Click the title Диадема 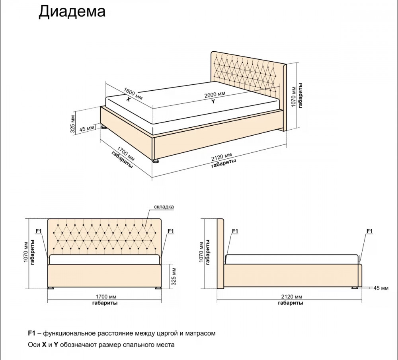coord(72,12)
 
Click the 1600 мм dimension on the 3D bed coord(133,94)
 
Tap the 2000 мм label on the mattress coord(215,95)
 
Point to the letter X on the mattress coord(129,99)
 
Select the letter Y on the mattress coord(213,101)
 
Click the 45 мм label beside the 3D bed coord(87,129)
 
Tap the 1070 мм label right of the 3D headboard coord(294,97)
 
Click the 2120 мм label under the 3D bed coord(222,157)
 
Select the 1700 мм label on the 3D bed coord(126,154)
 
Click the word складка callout coord(164,207)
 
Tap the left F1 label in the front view coord(39,231)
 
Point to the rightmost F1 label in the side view coord(370,231)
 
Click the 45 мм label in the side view coord(381,288)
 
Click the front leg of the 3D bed coord(156,161)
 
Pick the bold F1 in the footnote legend coord(31,333)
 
